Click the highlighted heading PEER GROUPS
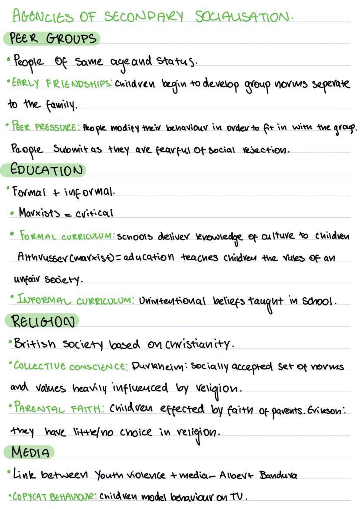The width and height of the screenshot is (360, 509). coord(52,39)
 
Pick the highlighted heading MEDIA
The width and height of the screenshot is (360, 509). coord(30,452)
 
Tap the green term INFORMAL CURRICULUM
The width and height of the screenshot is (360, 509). coord(75,300)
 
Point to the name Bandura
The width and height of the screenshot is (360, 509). coord(278,475)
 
